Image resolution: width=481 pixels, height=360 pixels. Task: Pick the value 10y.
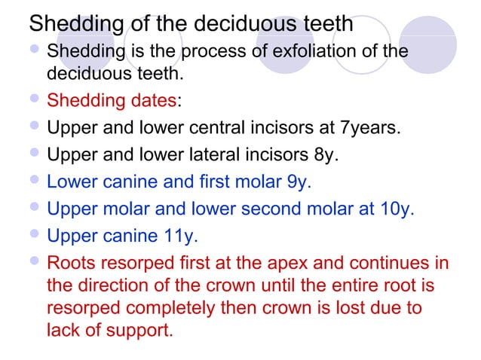pos(397,209)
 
